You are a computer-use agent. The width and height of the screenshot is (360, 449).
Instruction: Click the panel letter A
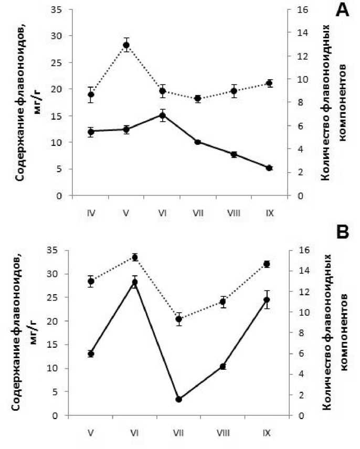(x=342, y=10)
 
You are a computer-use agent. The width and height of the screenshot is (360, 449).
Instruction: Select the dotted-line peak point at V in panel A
(x=126, y=45)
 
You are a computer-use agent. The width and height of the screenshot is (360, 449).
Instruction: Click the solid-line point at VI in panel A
(x=163, y=115)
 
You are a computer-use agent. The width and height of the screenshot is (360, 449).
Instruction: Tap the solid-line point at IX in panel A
(x=269, y=168)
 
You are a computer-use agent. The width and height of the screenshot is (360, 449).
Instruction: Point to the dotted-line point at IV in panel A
(x=91, y=95)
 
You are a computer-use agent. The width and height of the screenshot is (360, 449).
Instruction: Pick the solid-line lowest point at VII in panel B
(x=179, y=399)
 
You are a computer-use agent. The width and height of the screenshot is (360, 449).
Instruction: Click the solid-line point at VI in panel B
(x=135, y=282)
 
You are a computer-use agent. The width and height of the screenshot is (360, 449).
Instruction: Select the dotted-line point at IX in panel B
(x=267, y=264)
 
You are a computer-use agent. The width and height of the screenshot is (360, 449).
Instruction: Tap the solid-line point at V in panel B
(x=91, y=354)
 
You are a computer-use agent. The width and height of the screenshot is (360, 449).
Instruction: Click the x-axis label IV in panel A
(x=90, y=214)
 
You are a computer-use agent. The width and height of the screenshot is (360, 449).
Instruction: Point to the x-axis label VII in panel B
(x=179, y=434)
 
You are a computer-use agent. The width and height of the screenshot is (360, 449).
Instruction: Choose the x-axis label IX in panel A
(x=269, y=214)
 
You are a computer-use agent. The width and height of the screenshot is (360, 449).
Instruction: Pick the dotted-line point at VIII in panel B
(x=223, y=302)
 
